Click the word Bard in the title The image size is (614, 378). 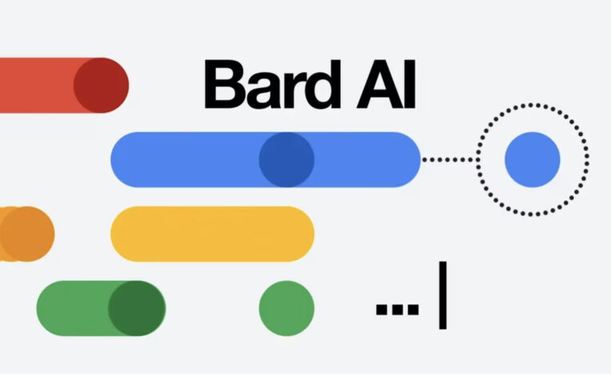click(x=271, y=84)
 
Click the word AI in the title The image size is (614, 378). click(x=385, y=84)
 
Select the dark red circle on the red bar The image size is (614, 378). click(x=101, y=85)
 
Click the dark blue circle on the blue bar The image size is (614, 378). click(x=287, y=159)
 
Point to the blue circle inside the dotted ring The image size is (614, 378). click(x=532, y=159)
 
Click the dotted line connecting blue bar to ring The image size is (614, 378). click(x=449, y=159)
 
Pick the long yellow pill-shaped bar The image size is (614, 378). click(x=212, y=234)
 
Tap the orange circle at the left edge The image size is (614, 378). click(x=26, y=234)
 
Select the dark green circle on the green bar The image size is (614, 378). click(x=136, y=308)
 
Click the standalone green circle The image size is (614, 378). click(x=287, y=308)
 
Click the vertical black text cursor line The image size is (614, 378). click(x=442, y=296)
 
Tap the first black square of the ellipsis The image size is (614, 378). click(x=381, y=308)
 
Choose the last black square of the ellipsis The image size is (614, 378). click(x=413, y=308)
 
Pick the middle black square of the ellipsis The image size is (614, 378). click(x=397, y=308)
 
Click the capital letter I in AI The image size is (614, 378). click(x=409, y=84)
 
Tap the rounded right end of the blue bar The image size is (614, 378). click(x=407, y=159)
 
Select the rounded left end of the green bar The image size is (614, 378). click(x=50, y=308)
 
